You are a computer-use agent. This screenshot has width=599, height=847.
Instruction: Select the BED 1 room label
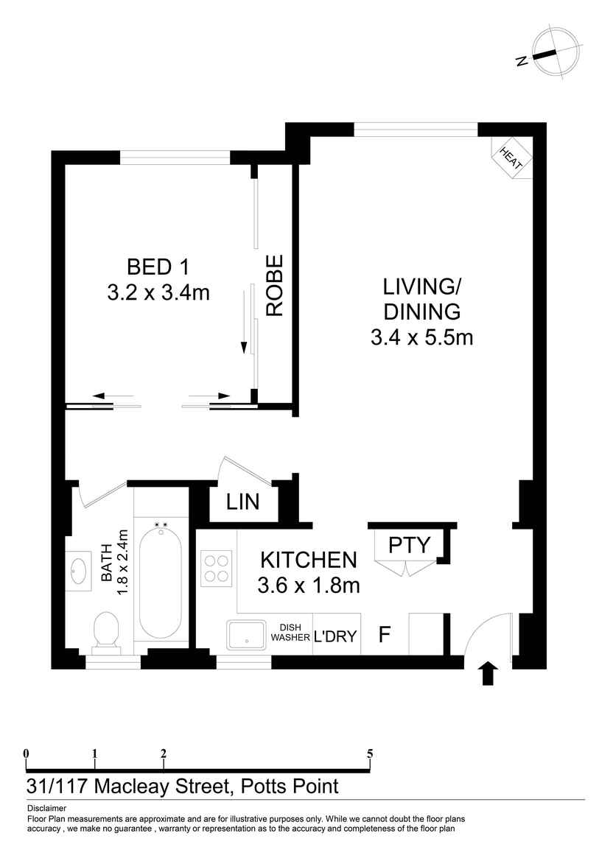tap(158, 266)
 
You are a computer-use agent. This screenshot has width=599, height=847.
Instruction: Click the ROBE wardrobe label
tap(275, 285)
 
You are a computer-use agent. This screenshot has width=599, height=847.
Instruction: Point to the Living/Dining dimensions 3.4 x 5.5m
tap(422, 337)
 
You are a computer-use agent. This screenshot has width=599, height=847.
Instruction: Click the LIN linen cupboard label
tap(242, 502)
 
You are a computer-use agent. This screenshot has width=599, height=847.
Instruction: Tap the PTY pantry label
tap(409, 545)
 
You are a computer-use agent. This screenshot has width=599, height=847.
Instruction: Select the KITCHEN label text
tap(309, 560)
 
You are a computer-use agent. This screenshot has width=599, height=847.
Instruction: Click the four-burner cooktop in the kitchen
tap(217, 568)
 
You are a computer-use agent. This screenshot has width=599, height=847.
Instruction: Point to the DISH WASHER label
tap(290, 633)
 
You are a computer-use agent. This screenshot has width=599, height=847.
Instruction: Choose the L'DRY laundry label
tap(336, 636)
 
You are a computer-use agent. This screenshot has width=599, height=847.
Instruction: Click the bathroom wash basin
tap(78, 569)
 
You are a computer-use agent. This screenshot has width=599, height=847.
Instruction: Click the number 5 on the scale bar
tap(370, 753)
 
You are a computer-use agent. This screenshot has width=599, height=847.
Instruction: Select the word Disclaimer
tap(46, 808)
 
